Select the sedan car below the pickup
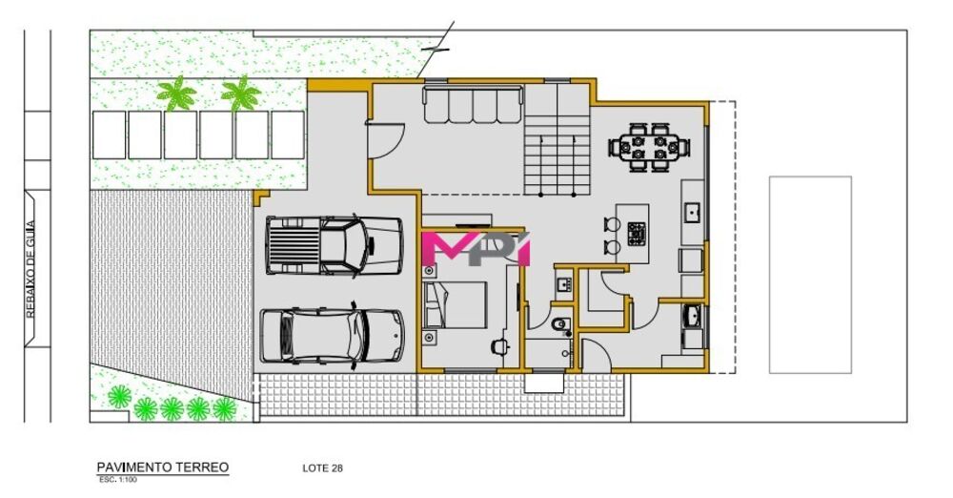pos(330,334)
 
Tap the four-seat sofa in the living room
pos(472,104)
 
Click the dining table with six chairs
pos(650,147)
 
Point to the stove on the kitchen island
pos(636,231)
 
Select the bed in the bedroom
pos(457,307)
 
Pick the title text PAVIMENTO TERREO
pos(162,467)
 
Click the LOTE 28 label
pos(322,468)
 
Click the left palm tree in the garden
pos(175,94)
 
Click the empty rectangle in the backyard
pos(810,275)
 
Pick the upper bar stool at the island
pos(612,227)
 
